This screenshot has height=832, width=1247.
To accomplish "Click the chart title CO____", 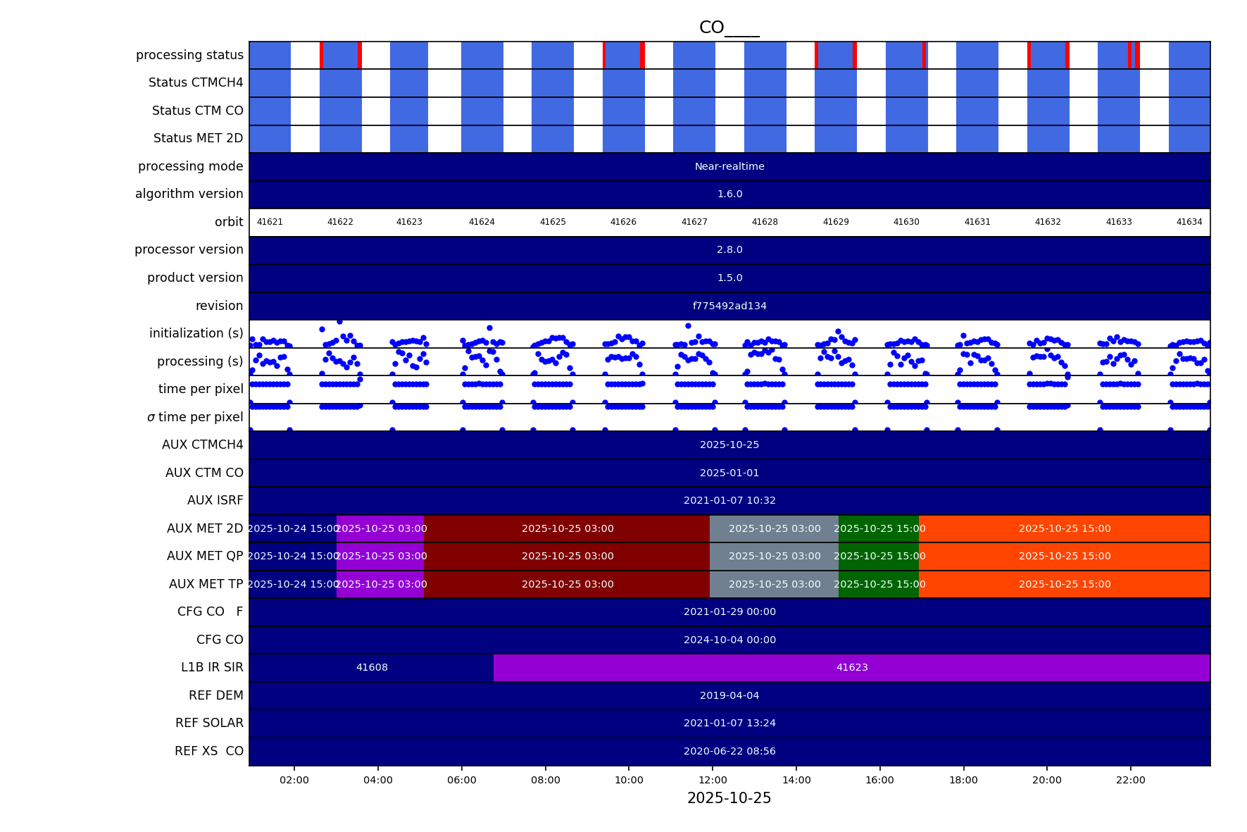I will click(x=729, y=27).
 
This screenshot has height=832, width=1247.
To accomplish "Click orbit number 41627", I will click(x=694, y=222).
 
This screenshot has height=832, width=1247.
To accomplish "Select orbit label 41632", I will click(x=1048, y=222).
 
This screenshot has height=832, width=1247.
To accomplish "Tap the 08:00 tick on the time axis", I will click(x=545, y=780).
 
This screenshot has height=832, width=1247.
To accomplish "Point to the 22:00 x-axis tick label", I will click(x=1130, y=780).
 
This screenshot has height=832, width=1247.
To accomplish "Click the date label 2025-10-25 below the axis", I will click(x=729, y=798).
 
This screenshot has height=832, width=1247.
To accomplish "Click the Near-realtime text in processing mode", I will click(x=729, y=167).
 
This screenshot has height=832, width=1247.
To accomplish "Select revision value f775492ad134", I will click(x=729, y=306).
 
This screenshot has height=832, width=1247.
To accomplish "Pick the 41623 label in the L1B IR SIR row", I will click(x=852, y=667).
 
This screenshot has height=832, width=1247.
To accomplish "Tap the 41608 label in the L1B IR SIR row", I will click(x=372, y=667).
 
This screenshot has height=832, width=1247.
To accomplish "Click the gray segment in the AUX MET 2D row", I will click(x=774, y=528).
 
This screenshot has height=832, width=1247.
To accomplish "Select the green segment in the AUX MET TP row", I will click(x=879, y=584).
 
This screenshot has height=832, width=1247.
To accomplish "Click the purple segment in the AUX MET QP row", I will click(x=380, y=556).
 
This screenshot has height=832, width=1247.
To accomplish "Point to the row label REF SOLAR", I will click(x=209, y=723).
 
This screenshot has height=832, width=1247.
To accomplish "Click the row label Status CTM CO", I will click(x=197, y=111).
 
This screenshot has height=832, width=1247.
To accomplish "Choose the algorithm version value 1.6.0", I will click(x=729, y=194).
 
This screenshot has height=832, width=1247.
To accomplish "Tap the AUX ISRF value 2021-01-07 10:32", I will click(x=729, y=500).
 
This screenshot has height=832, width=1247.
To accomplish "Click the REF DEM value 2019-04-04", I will click(x=729, y=695).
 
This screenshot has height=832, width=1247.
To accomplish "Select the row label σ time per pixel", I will click(x=195, y=417).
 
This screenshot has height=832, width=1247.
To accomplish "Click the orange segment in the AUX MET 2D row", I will click(x=1065, y=528).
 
